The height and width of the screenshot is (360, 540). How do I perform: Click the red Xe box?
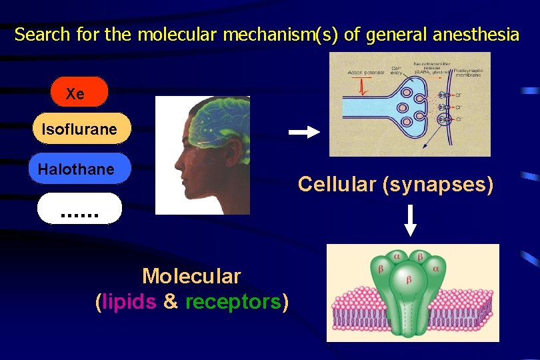point(79,92)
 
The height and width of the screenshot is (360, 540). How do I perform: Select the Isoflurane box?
point(81,128)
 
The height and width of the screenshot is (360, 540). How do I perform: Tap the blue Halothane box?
point(79,169)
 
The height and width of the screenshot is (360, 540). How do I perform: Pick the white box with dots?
point(79,208)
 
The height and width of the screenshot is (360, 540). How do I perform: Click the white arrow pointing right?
point(304,133)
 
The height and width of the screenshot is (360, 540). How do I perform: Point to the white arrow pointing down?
point(411,221)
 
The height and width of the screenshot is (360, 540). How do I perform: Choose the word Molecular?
point(191,275)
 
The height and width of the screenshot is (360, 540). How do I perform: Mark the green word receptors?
point(233,301)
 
